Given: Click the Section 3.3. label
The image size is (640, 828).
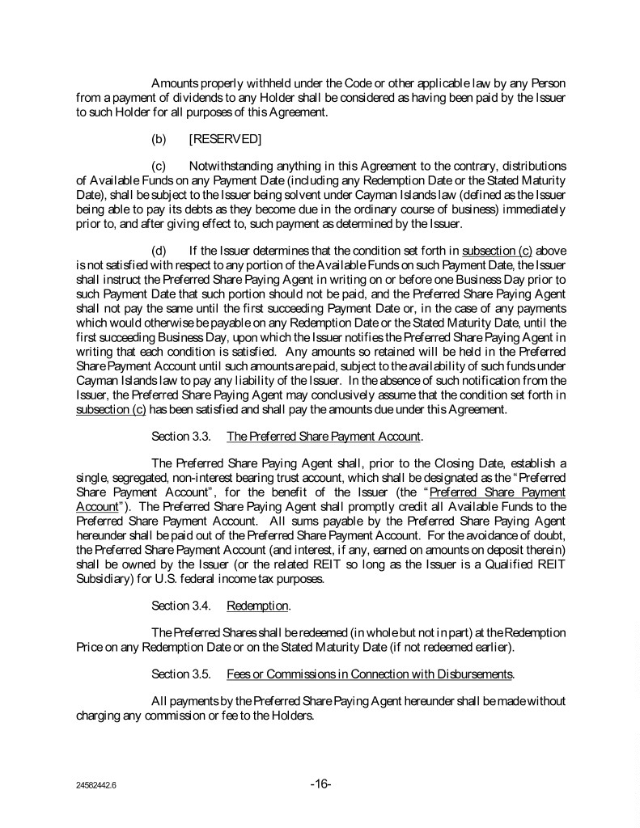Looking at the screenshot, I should point(181,437).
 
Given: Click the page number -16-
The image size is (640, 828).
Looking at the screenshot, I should point(320,784).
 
